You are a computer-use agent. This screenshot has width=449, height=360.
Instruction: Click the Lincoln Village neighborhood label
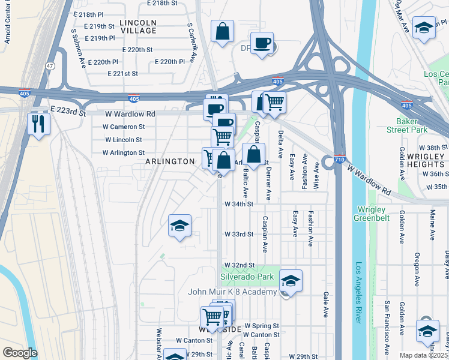tap(138, 26)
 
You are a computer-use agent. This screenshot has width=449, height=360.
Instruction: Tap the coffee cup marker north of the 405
tap(262, 43)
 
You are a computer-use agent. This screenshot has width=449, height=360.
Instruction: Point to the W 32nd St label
tap(240, 265)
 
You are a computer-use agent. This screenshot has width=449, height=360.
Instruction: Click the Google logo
tap(20, 353)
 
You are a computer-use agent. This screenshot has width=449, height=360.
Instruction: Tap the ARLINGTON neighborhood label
tap(170, 161)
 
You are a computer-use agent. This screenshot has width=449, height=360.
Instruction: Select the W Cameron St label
tap(124, 127)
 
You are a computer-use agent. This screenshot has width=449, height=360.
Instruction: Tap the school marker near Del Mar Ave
tap(424, 28)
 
